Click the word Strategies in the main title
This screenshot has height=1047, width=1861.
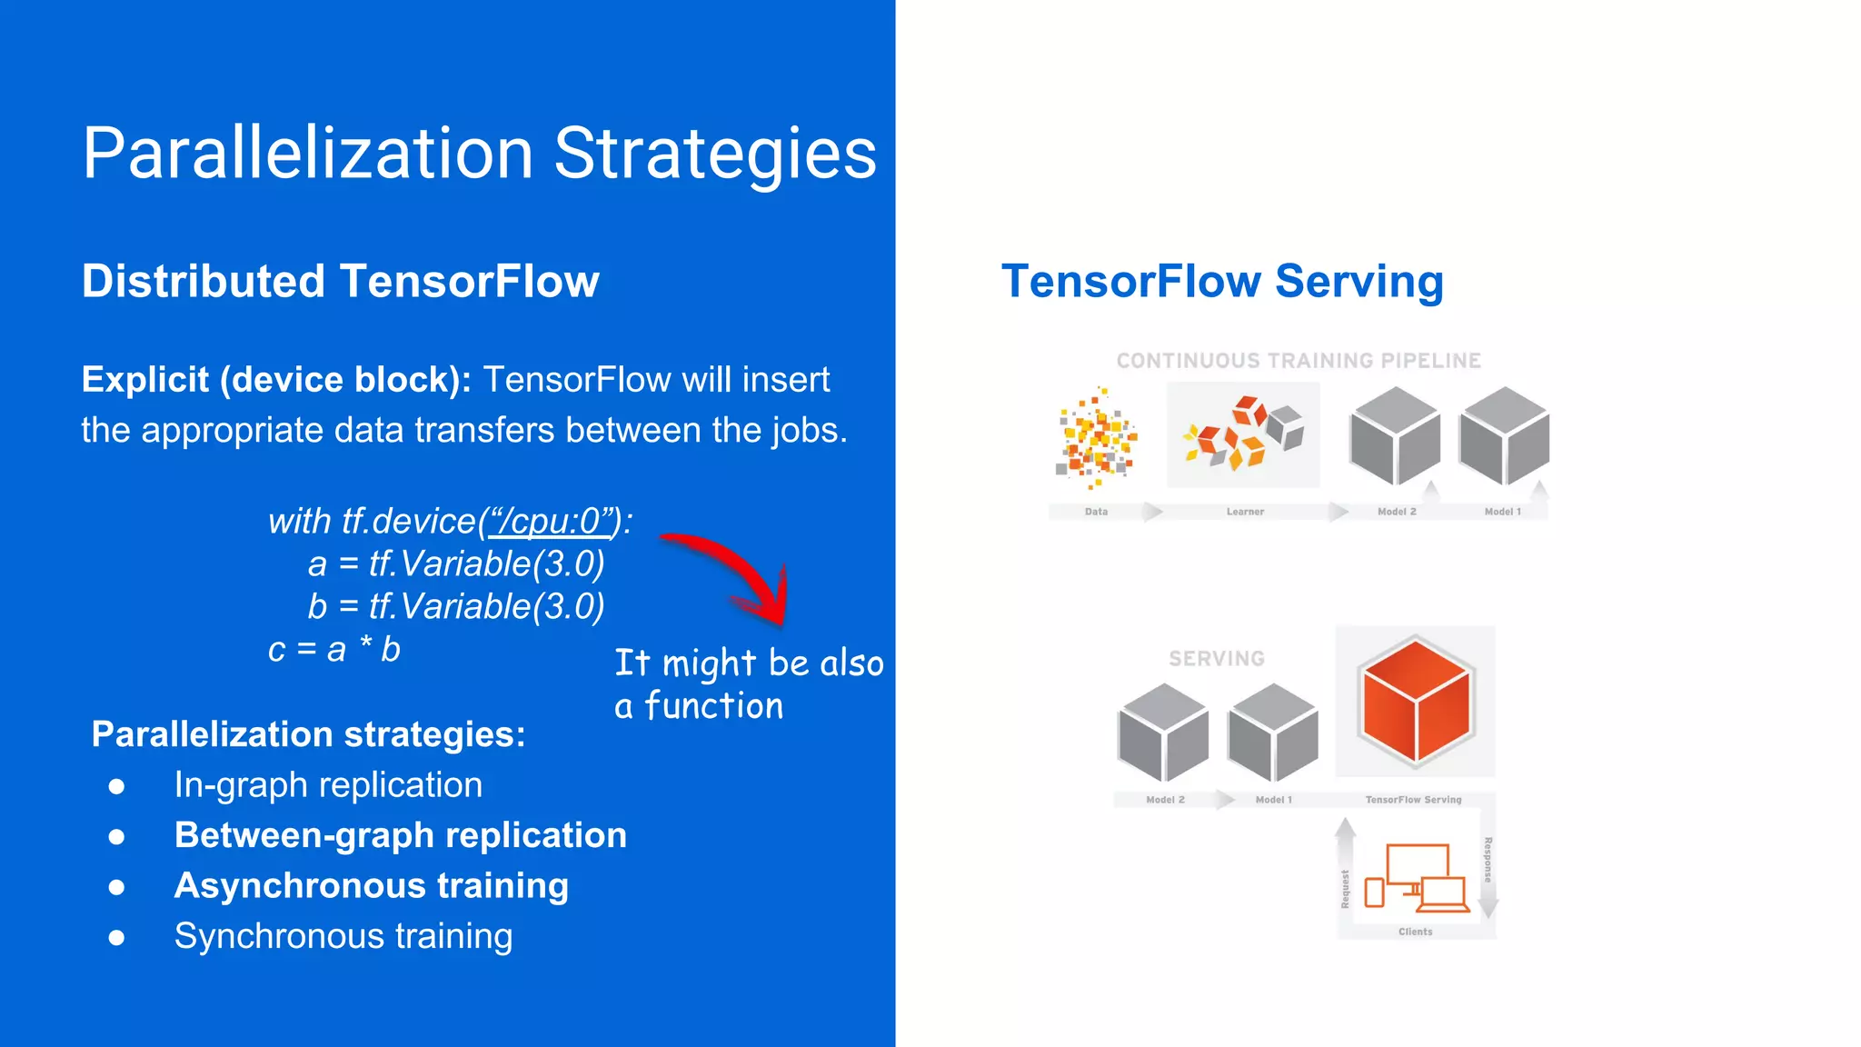point(714,153)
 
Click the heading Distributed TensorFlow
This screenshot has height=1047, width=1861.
point(340,281)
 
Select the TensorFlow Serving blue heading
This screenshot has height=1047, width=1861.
point(1221,281)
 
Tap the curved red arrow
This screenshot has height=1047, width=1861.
point(736,573)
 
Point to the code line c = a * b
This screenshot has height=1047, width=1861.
point(333,650)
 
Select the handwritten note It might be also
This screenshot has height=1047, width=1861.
point(748,663)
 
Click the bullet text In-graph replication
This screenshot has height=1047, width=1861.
point(328,784)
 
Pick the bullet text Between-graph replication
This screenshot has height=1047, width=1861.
point(400,835)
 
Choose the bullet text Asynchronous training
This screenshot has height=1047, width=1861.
point(371,885)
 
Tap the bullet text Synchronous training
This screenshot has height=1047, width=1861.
point(343,936)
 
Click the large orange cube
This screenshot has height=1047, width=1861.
point(1415,701)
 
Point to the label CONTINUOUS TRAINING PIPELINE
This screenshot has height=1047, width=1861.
point(1299,361)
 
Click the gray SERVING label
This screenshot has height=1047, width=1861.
point(1216,658)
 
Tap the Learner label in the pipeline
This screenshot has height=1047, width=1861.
point(1245,512)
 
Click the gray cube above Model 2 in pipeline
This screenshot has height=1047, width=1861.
point(1395,435)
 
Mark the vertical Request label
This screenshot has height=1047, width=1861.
point(1345,888)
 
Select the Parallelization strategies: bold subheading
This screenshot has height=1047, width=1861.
point(308,734)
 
